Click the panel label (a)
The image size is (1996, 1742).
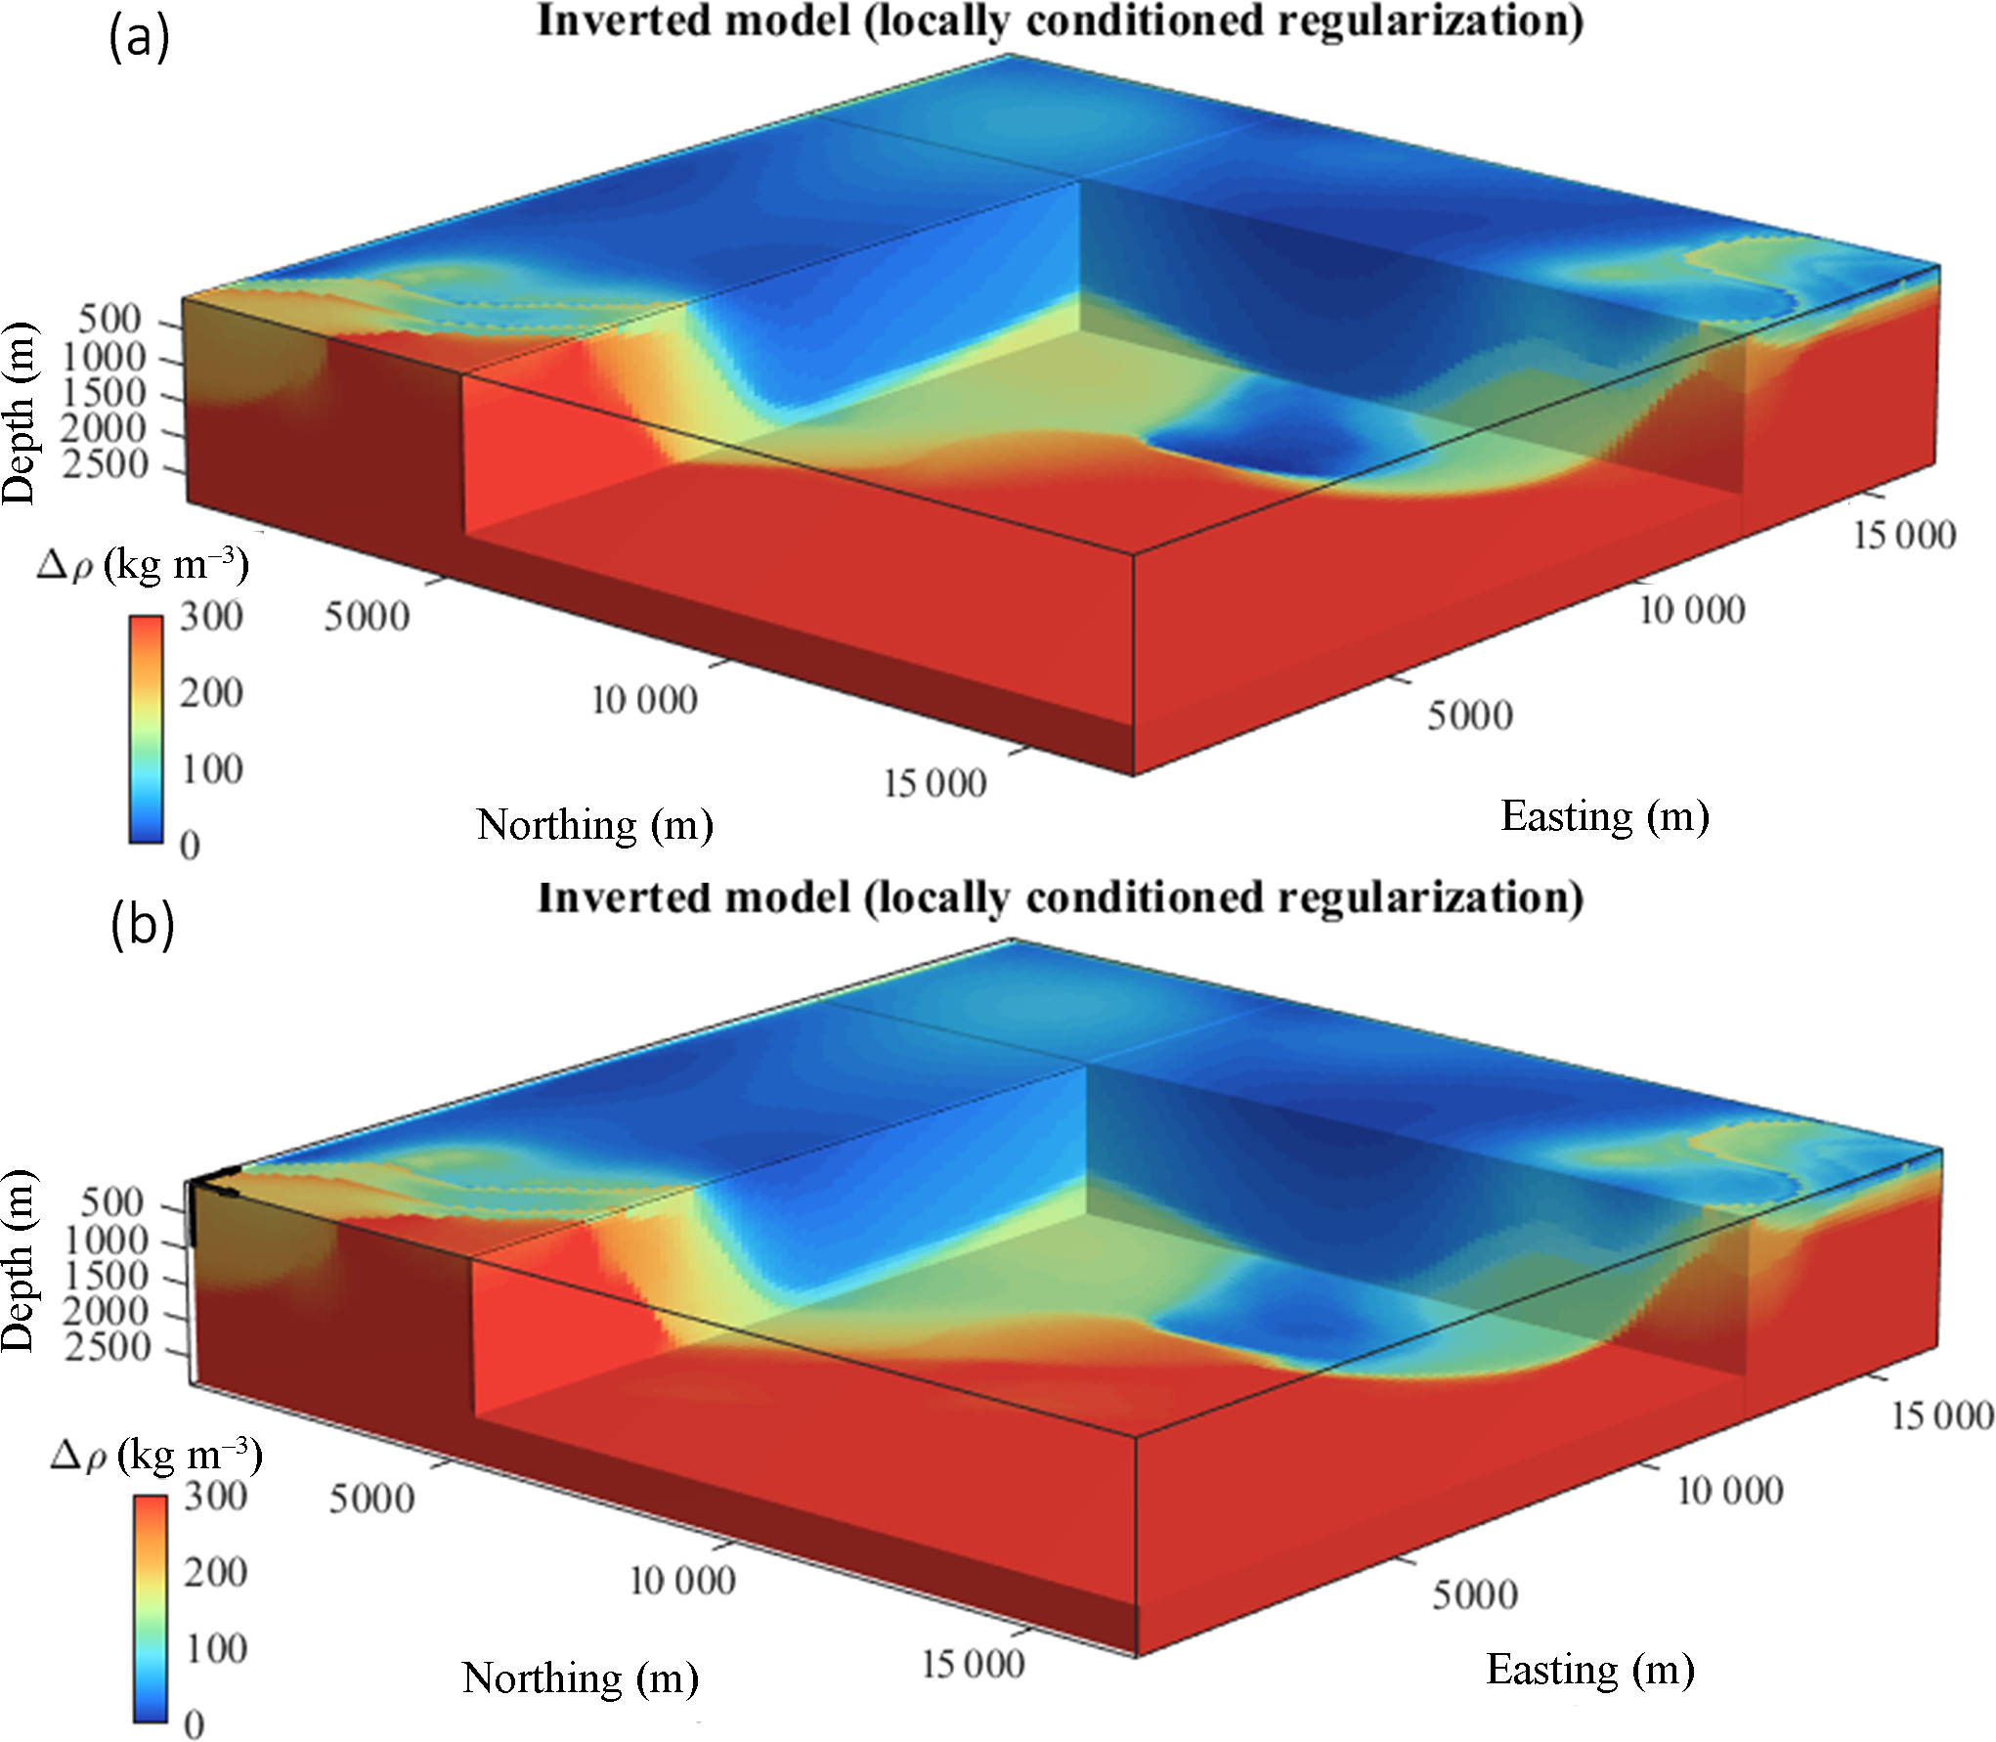point(139,39)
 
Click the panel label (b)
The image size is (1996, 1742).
point(142,923)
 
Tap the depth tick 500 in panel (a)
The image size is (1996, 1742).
point(109,319)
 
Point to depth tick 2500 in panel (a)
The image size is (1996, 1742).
point(105,464)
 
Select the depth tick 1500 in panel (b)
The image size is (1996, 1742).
point(107,1276)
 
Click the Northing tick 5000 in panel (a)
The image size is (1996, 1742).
point(367,617)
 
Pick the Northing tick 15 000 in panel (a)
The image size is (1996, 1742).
point(934,784)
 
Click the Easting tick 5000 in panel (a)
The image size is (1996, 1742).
point(1469,716)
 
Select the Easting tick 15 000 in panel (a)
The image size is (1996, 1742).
point(1904,535)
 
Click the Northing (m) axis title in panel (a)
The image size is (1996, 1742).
point(594,825)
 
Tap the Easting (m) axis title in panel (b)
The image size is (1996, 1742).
point(1590,1670)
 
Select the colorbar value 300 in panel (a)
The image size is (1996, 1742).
point(211,617)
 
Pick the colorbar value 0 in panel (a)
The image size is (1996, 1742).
point(191,846)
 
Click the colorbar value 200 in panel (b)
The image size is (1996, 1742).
point(216,1572)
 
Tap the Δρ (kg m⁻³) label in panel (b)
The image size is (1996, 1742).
point(156,1456)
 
